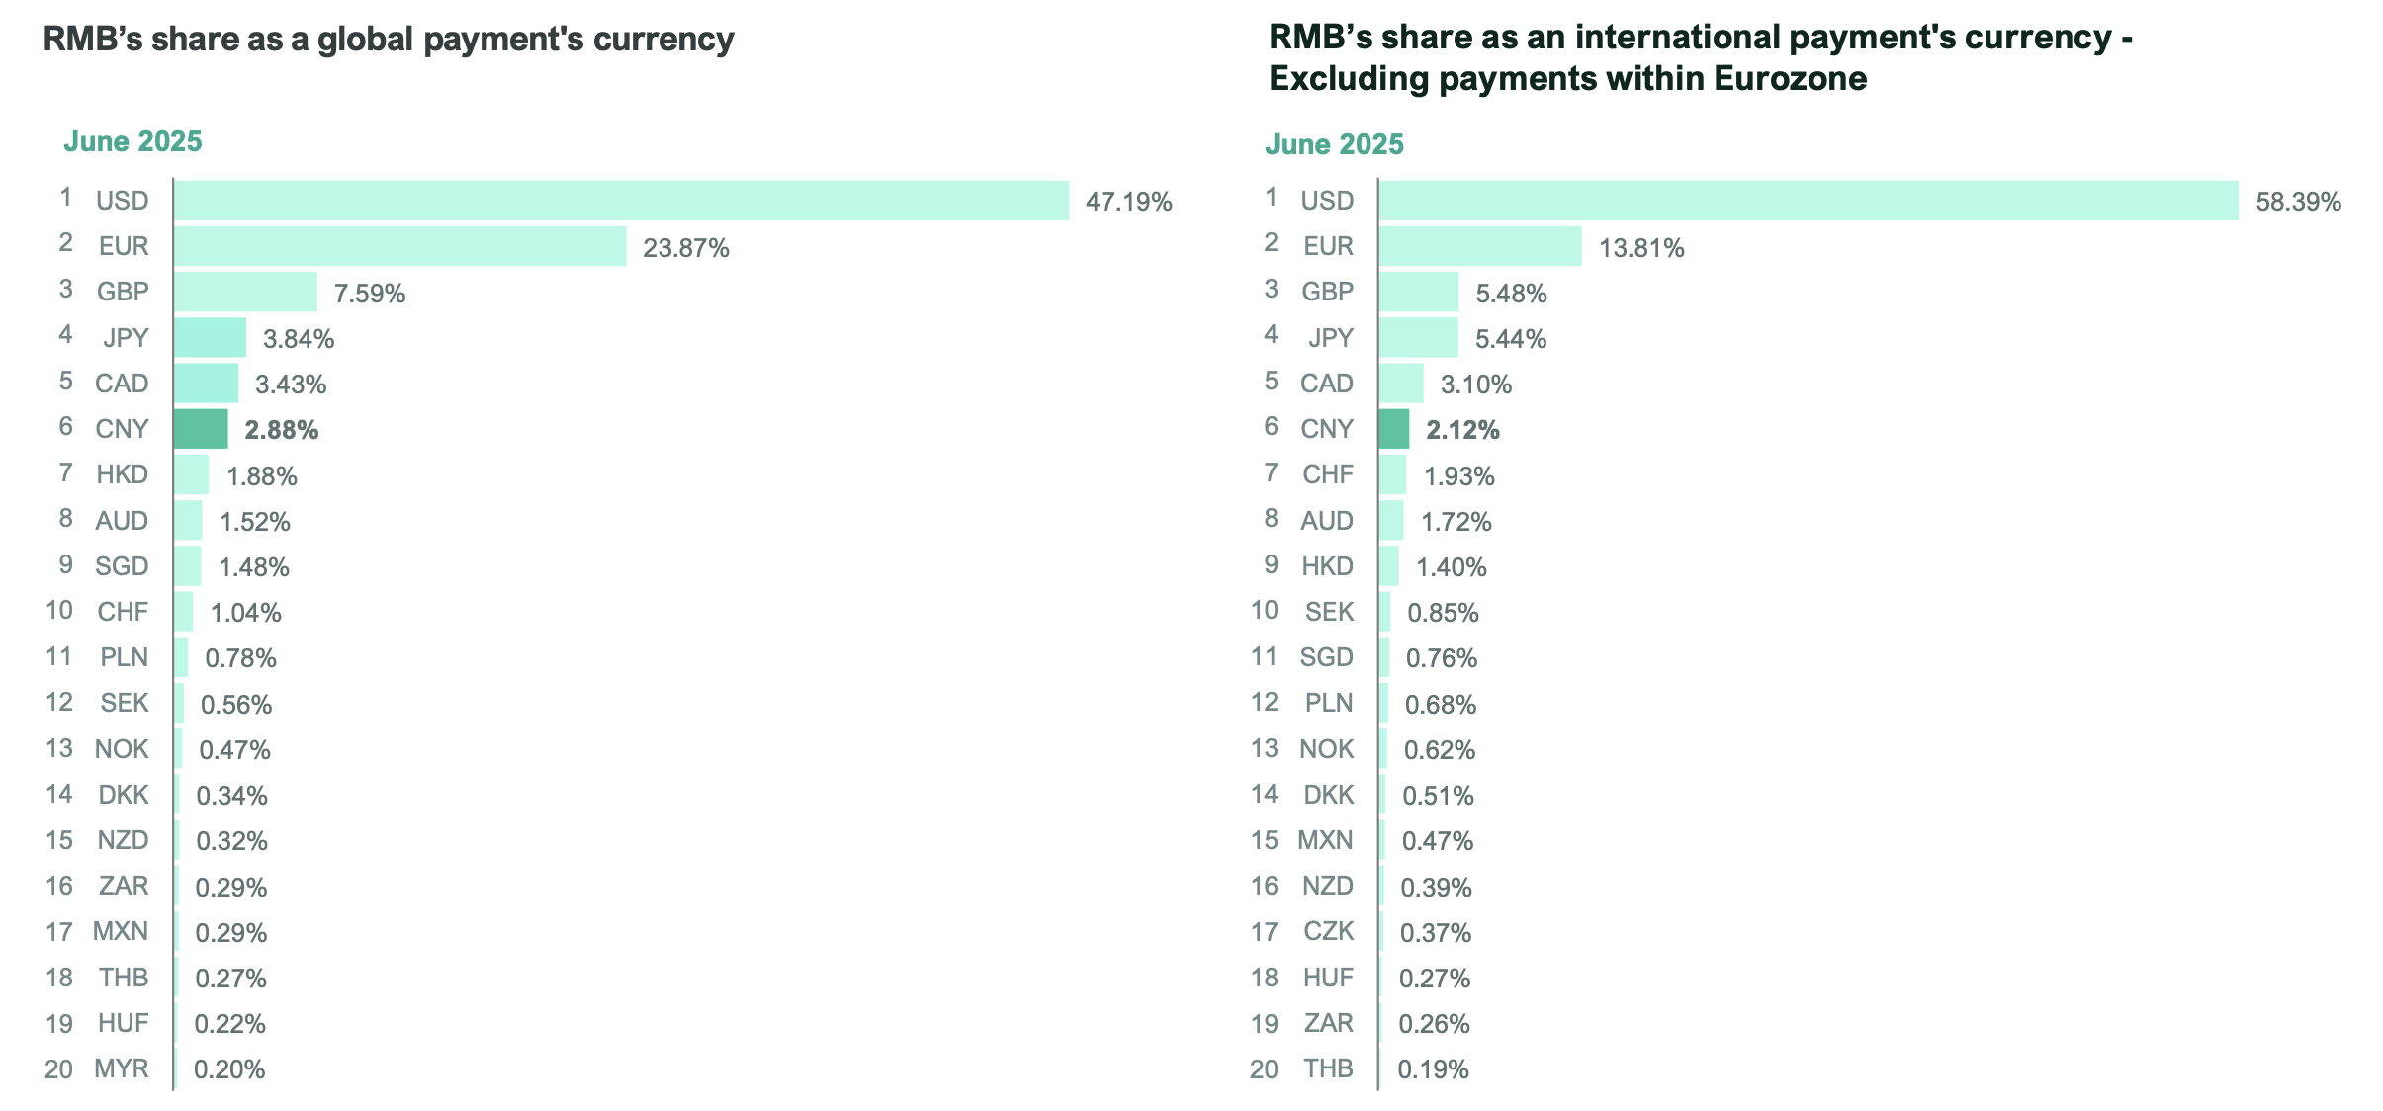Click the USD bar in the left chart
point(621,201)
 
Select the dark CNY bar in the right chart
point(1393,429)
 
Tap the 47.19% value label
point(1128,203)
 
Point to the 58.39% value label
point(2298,203)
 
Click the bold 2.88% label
point(282,430)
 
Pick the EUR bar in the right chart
point(1480,246)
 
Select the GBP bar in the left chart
point(245,293)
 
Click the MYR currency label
point(121,1068)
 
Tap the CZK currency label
point(1328,931)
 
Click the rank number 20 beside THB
point(1264,1068)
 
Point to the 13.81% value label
point(1641,248)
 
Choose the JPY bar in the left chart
point(210,338)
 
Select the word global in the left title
point(365,39)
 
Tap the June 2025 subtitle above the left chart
point(132,141)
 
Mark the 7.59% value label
point(370,294)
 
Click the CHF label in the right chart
point(1327,474)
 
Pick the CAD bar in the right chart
point(1401,384)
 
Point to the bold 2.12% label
point(1462,430)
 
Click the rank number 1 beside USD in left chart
point(65,198)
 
